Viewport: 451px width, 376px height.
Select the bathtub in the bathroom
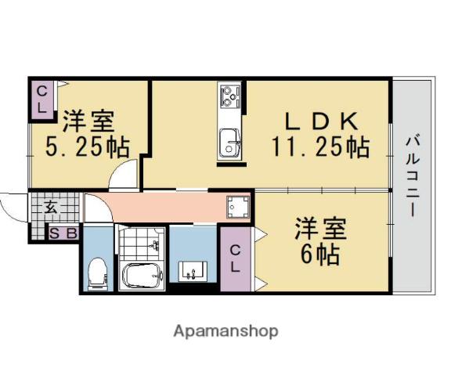click(x=141, y=275)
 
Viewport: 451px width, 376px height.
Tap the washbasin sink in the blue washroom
click(x=190, y=273)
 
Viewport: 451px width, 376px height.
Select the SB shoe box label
click(x=63, y=233)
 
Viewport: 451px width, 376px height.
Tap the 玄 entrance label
click(x=49, y=208)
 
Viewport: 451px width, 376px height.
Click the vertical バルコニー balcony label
click(x=412, y=177)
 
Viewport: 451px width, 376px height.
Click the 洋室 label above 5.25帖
click(x=88, y=121)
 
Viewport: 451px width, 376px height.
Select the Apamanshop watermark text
click(x=225, y=331)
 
